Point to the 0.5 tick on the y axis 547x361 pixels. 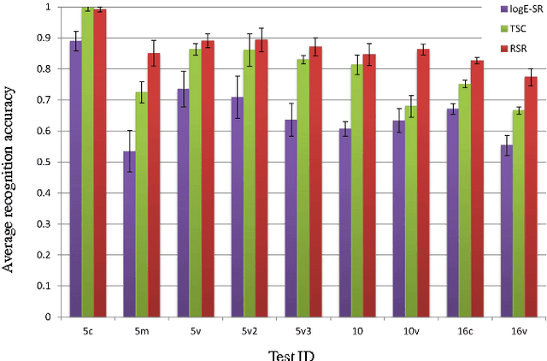coord(46,162)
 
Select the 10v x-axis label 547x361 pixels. coord(411,329)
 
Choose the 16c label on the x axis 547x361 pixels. coord(464,329)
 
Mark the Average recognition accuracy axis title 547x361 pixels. coord(10,163)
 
